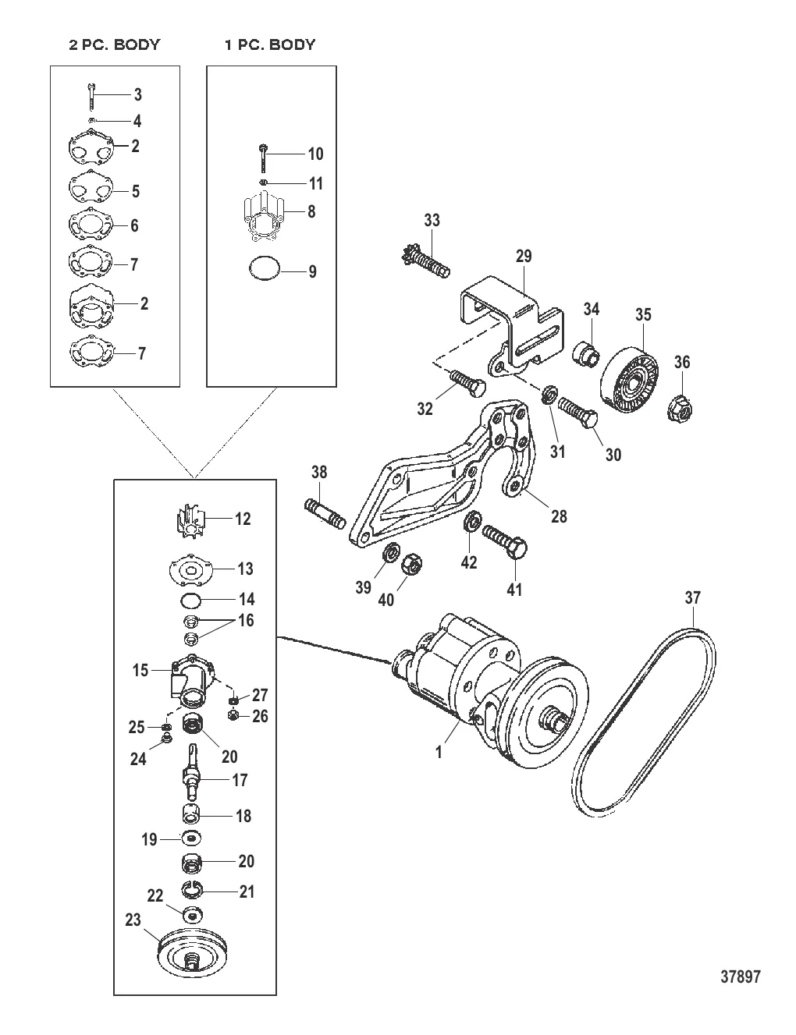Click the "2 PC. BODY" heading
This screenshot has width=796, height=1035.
click(114, 44)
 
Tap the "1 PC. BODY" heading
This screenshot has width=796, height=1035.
click(270, 44)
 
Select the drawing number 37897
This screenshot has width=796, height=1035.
click(741, 977)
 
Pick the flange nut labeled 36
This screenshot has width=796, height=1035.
click(681, 408)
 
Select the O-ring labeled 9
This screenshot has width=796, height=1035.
click(265, 268)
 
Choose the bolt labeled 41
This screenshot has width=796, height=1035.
click(504, 543)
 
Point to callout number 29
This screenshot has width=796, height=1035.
click(524, 256)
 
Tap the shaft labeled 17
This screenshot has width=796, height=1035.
click(192, 771)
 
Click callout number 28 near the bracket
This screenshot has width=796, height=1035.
click(559, 516)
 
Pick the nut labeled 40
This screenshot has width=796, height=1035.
click(413, 565)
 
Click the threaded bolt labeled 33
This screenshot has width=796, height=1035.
click(424, 260)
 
